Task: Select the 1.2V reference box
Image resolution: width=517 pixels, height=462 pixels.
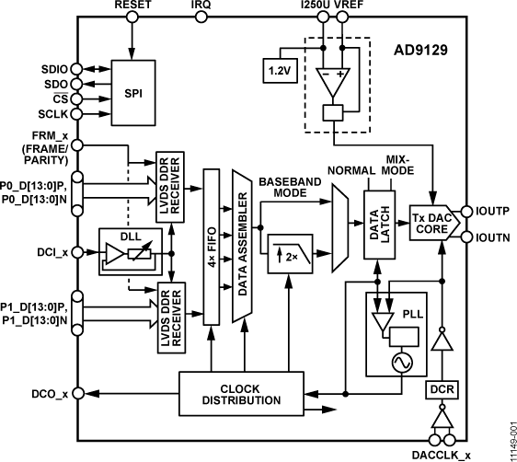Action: (276, 70)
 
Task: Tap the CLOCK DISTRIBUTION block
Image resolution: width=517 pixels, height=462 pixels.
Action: (242, 394)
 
